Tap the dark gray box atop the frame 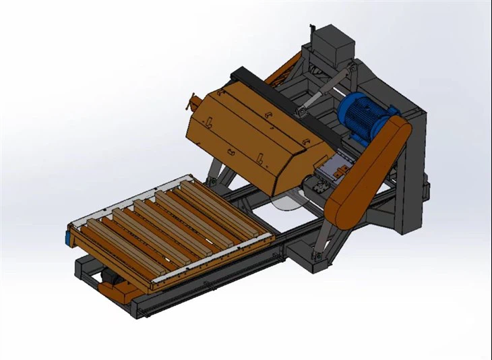point(334,44)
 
